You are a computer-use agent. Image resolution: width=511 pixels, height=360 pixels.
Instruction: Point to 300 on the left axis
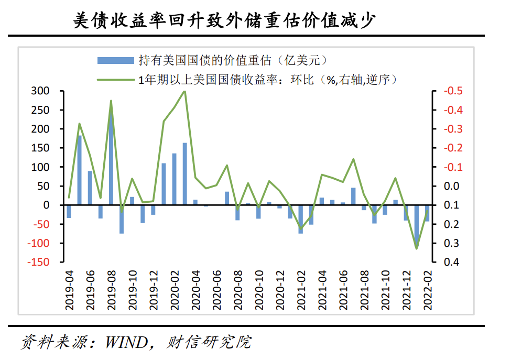(41, 91)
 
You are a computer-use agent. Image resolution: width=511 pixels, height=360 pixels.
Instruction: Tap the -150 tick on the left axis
(38, 262)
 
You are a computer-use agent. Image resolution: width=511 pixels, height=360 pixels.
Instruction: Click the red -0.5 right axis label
(452, 91)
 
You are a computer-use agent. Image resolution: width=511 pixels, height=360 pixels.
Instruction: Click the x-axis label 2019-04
(69, 291)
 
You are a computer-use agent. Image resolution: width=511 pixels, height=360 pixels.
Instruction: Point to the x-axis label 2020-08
(237, 291)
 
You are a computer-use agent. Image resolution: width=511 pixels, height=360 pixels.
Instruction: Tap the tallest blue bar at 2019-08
(111, 157)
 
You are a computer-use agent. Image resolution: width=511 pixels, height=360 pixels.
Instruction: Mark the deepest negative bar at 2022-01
(416, 225)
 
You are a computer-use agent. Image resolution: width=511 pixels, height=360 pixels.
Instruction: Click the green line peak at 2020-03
(184, 91)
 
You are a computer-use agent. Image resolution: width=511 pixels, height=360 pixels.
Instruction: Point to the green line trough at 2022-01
(416, 248)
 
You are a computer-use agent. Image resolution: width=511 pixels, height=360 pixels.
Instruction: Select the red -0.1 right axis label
(452, 167)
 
